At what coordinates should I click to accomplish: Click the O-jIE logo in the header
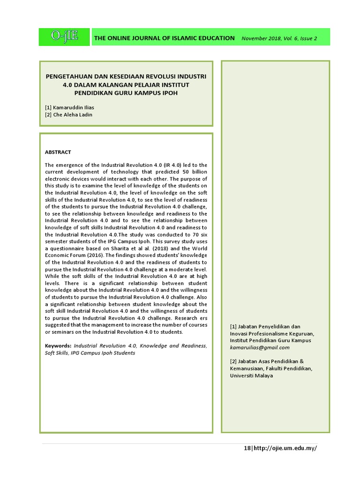tap(64, 37)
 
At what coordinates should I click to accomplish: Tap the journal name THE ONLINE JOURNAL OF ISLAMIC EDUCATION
tap(165, 38)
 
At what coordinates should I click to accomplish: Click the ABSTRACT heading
tap(58, 152)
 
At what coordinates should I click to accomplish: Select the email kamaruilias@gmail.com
tap(260, 348)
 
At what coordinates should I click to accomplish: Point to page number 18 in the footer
tap(247, 448)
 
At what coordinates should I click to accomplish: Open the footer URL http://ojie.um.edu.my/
tap(285, 448)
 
